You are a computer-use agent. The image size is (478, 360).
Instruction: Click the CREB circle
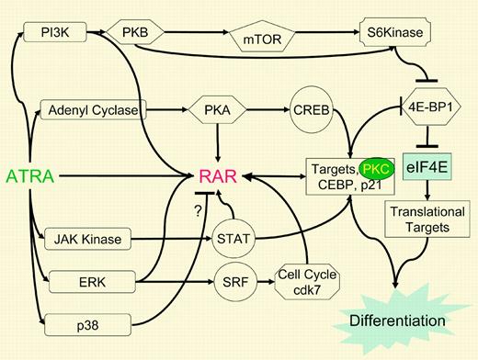pos(312,110)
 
